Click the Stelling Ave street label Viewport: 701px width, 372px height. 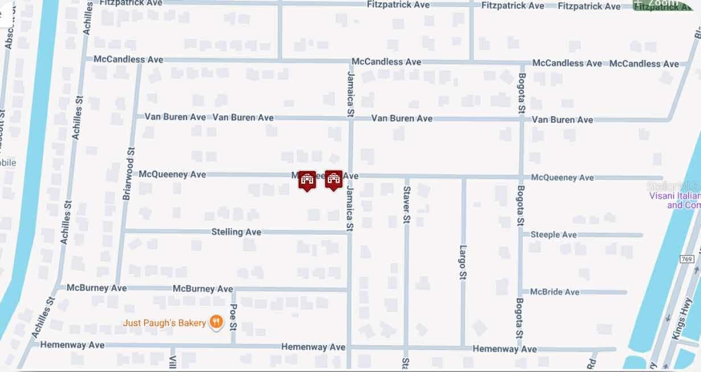point(236,232)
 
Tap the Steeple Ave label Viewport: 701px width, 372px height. point(554,234)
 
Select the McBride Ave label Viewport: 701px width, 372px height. point(555,292)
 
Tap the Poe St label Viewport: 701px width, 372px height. point(233,317)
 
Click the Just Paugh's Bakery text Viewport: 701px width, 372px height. point(165,323)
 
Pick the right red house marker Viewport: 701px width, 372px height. point(334,180)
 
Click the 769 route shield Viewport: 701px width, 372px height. point(687,259)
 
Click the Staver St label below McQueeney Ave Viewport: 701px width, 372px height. point(406,204)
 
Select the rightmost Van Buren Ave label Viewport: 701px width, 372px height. point(562,119)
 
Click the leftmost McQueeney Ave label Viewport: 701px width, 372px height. point(173,174)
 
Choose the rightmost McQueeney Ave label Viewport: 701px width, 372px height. point(562,177)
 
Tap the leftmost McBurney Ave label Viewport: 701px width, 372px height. point(97,288)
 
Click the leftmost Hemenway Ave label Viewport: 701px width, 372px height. point(72,345)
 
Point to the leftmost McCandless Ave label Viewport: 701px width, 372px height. point(128,59)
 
